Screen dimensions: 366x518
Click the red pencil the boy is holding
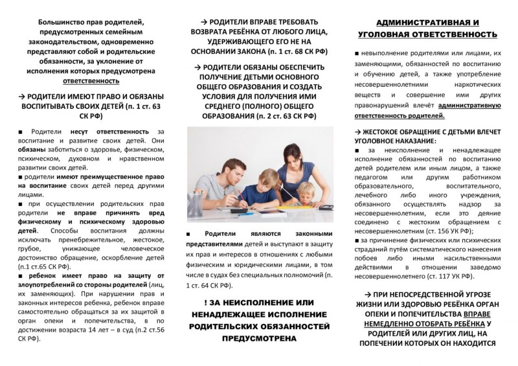pyautogui.click(x=242, y=192)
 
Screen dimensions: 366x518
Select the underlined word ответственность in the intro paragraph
pyautogui.click(x=91, y=82)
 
